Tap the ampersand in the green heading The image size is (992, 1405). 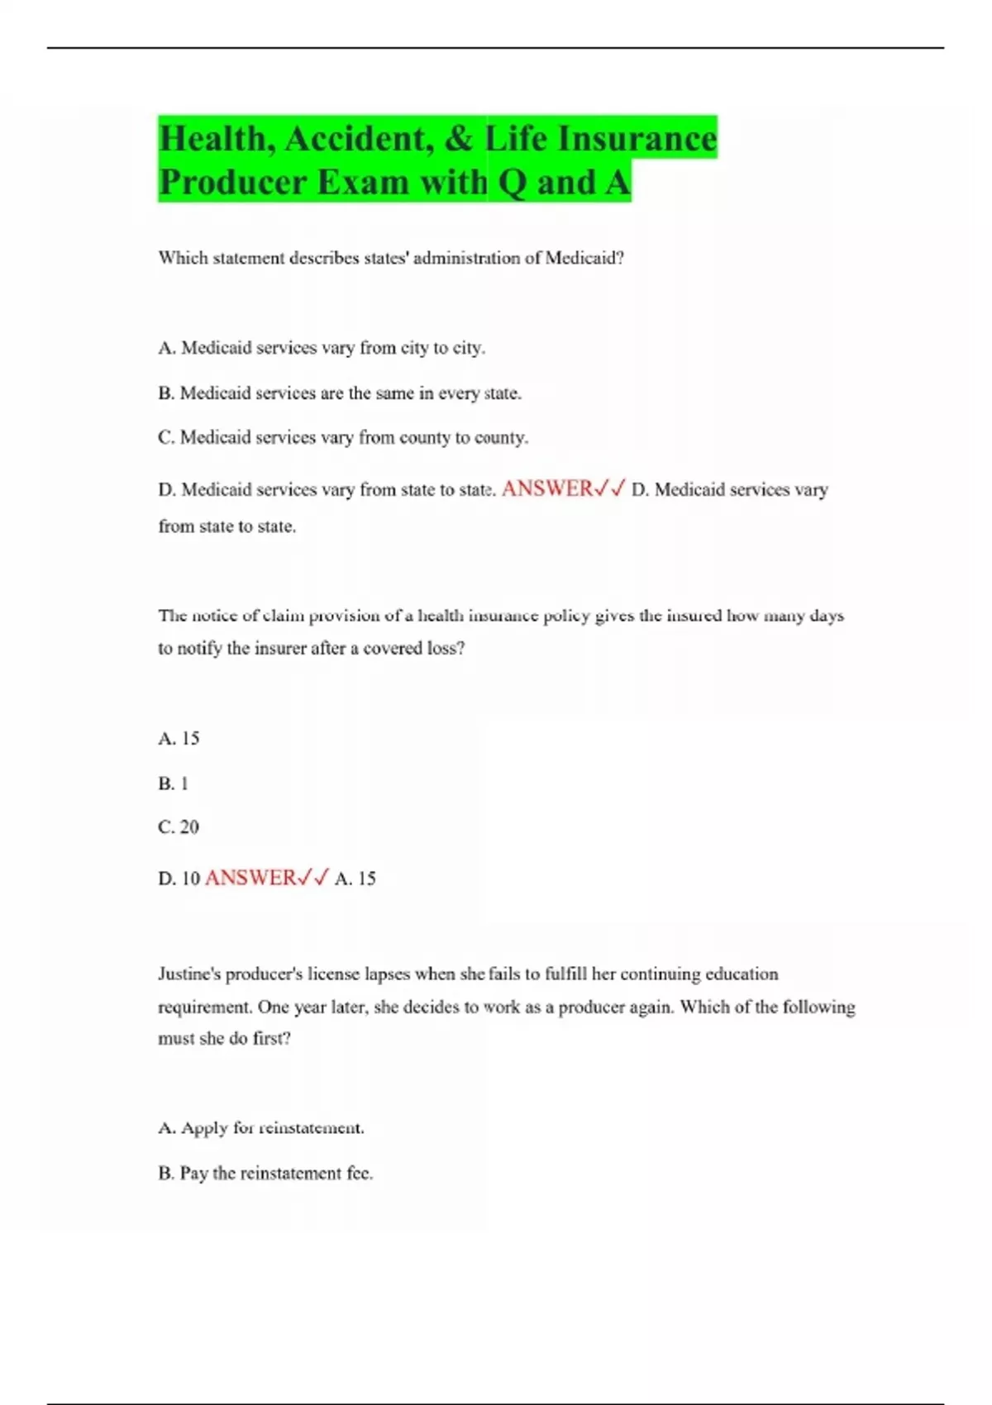click(459, 139)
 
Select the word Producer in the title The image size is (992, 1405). click(232, 183)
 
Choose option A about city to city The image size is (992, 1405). click(322, 348)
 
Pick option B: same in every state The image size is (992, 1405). click(340, 393)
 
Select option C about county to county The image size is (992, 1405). click(343, 437)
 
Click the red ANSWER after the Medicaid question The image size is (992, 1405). click(547, 488)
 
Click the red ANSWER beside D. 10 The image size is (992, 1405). click(250, 878)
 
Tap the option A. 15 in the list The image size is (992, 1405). click(179, 738)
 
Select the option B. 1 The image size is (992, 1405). click(174, 783)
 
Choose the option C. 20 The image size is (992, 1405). click(179, 826)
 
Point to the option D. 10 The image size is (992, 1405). click(179, 879)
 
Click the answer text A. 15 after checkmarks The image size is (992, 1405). click(355, 879)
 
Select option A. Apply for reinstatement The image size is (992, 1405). click(261, 1128)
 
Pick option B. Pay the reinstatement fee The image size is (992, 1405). click(265, 1173)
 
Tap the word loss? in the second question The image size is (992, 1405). click(446, 649)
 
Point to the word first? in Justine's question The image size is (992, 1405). click(272, 1039)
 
